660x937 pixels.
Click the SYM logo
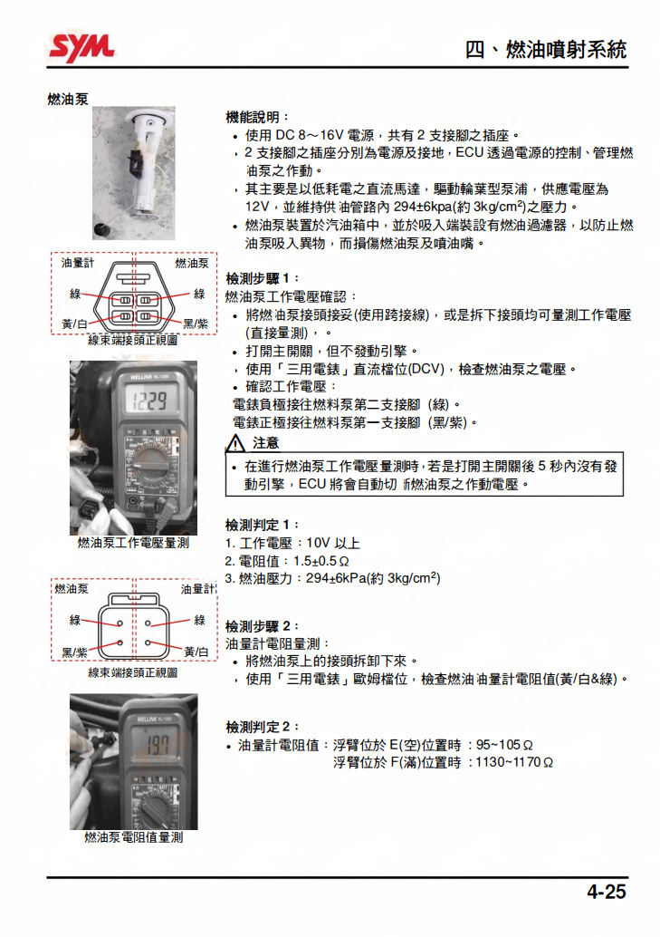tap(81, 46)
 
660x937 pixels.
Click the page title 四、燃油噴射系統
tap(545, 49)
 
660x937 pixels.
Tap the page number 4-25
tap(606, 892)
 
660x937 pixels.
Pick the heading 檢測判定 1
tap(261, 525)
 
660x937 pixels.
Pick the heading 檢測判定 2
tap(261, 727)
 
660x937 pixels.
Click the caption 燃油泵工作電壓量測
tap(133, 543)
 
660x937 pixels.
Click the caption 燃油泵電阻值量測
tap(133, 837)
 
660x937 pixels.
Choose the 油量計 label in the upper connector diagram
tap(78, 263)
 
